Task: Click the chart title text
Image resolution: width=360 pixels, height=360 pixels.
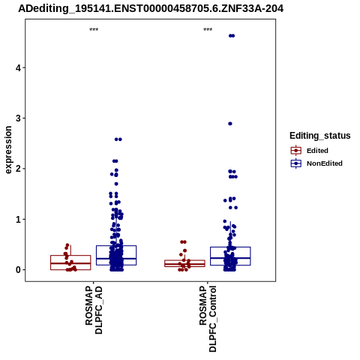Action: [151, 9]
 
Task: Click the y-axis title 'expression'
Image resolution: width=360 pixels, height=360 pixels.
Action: [8, 150]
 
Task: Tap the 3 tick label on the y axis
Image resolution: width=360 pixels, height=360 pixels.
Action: [18, 118]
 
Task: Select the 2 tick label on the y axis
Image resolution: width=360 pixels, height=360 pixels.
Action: [18, 169]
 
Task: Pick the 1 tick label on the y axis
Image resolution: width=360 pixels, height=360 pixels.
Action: [18, 219]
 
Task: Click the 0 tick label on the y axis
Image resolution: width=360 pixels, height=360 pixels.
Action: [18, 270]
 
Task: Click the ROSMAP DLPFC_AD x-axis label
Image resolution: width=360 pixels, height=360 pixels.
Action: [94, 310]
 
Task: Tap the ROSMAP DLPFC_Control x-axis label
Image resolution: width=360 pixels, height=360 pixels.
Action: [208, 319]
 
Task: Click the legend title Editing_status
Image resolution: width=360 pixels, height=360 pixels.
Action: [320, 136]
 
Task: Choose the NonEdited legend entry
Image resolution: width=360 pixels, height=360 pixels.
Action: [316, 163]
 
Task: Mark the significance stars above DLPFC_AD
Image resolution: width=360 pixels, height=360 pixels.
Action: [94, 29]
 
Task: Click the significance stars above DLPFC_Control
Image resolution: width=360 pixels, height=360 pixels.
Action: [208, 29]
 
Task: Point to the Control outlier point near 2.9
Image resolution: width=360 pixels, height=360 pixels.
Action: [230, 124]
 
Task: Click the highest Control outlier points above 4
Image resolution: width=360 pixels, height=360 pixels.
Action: [232, 36]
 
